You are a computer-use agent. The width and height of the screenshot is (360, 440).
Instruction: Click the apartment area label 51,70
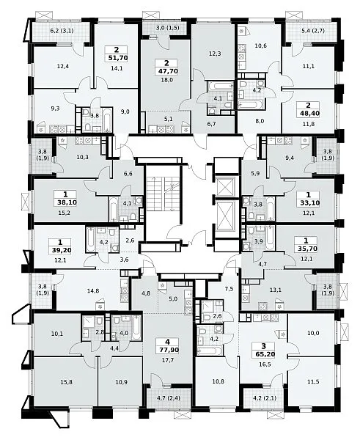pos(116,58)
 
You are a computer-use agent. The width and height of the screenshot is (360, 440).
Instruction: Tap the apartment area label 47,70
pos(166,71)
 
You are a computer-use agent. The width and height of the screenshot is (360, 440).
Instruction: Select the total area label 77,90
pos(168,350)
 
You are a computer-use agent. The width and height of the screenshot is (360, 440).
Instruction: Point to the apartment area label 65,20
pos(264,354)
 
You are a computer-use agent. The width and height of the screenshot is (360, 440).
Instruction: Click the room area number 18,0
pos(166,80)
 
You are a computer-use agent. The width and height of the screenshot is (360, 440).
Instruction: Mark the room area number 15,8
pos(66,382)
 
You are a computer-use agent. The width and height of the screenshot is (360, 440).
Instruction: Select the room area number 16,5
pos(264,364)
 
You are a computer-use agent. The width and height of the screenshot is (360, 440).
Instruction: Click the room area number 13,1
pos(268,290)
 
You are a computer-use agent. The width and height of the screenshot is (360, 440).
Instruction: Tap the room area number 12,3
pos(215,54)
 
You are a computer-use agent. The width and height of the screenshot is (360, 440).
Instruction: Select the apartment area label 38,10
pos(66,202)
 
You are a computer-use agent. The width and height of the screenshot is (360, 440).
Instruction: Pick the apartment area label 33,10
pos(309,203)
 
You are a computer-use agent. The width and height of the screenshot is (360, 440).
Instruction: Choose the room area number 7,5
pos(229,290)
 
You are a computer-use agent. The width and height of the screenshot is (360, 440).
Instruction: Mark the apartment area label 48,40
pos(308,114)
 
